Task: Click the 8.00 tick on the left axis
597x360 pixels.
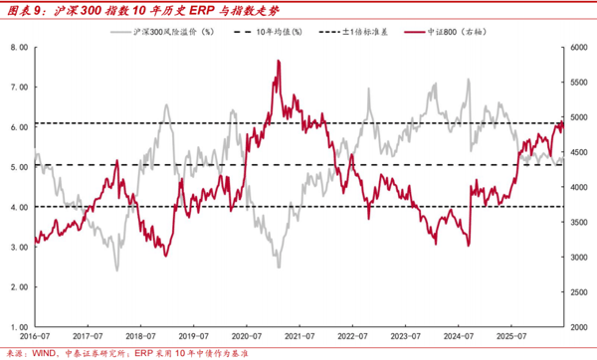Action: coord(20,47)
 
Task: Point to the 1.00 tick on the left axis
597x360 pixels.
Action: coord(20,327)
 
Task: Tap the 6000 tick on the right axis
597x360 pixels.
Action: coord(579,47)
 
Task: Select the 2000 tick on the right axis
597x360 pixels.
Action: coord(579,327)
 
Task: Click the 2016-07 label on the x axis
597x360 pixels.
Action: coord(35,336)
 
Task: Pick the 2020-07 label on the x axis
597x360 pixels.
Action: coord(247,336)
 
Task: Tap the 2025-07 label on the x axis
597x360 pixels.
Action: coord(511,336)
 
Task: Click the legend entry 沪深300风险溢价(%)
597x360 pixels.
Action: coord(162,32)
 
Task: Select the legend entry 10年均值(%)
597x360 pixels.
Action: coord(268,32)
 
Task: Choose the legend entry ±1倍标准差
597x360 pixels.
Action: coord(353,32)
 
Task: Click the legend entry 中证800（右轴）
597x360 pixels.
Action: coord(446,32)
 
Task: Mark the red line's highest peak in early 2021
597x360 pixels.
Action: coord(279,61)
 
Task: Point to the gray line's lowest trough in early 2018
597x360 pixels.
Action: coord(116,270)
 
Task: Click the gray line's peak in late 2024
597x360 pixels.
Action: coord(469,80)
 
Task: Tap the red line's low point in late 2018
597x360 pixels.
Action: coord(165,256)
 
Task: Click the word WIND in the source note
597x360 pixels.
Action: coord(44,353)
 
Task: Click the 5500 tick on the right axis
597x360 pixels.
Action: coord(579,83)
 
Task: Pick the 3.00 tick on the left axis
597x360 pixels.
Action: coord(20,247)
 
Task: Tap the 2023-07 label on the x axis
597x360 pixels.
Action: coord(406,336)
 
